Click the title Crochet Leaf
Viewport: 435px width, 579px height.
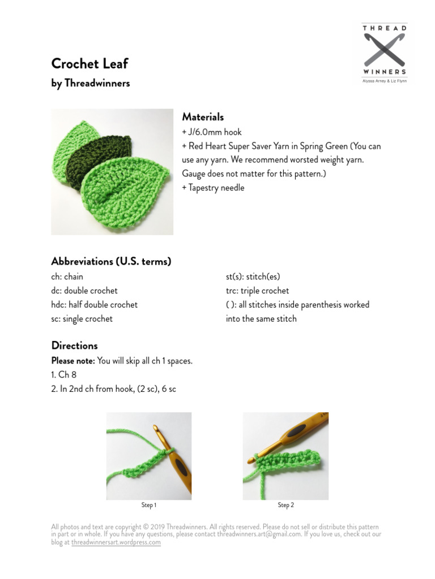(x=89, y=63)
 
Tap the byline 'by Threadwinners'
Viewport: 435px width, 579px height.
(x=91, y=83)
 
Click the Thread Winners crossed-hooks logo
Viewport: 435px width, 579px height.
(x=385, y=51)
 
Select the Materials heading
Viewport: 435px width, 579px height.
(x=203, y=117)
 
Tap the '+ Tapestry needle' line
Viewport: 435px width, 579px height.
(x=213, y=188)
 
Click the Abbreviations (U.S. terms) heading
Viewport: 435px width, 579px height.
(x=111, y=261)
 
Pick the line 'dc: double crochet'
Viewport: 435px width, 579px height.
(x=84, y=291)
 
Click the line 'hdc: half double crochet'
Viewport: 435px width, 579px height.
(x=94, y=304)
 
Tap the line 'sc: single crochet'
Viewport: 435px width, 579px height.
(x=82, y=318)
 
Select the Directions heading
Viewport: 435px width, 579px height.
(x=74, y=345)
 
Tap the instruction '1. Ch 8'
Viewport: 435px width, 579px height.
(x=63, y=374)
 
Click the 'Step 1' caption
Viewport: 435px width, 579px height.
(x=149, y=505)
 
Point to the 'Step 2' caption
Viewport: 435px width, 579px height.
(x=285, y=505)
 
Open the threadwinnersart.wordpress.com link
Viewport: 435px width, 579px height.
(x=116, y=542)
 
